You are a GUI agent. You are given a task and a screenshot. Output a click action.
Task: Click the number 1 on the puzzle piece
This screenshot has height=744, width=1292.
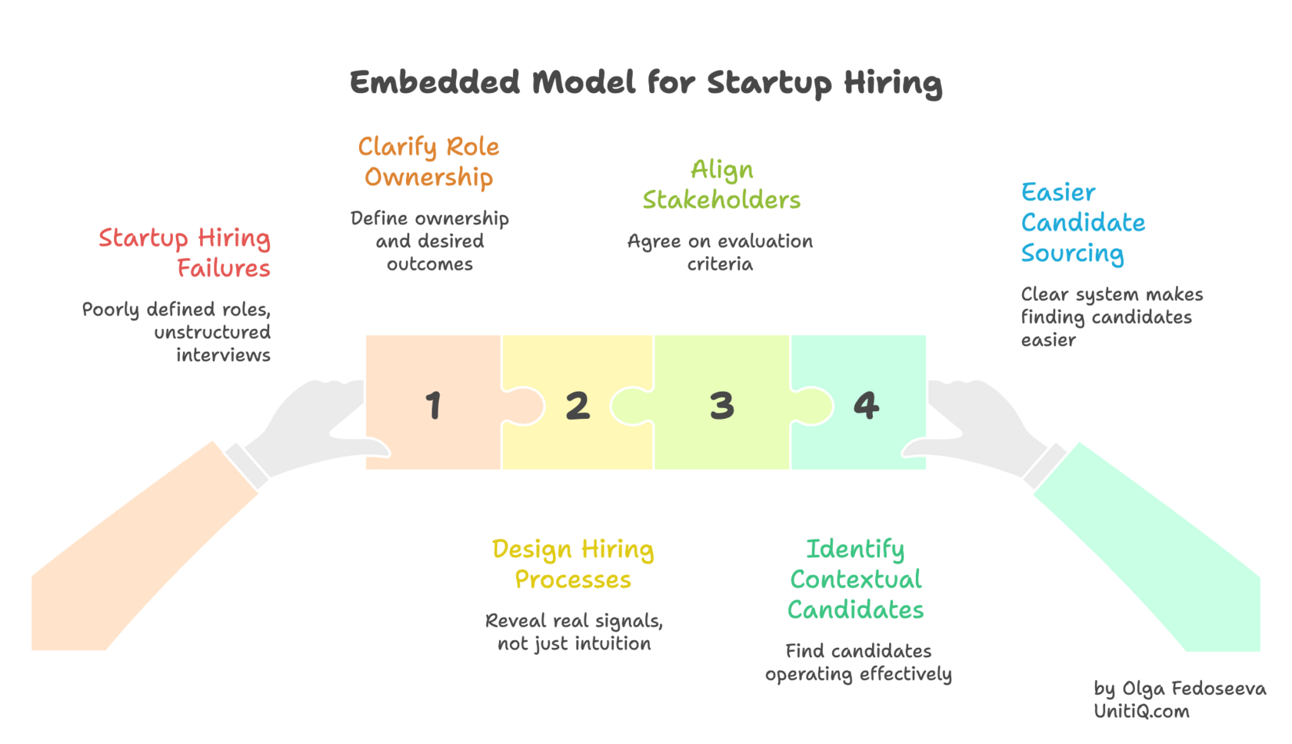(434, 405)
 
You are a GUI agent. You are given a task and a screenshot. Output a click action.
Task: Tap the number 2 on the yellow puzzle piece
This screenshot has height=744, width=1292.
(578, 406)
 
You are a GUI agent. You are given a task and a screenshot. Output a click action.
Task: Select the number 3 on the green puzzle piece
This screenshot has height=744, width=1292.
(721, 406)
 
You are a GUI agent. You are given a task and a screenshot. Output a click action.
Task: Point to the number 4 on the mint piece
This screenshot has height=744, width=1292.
(866, 405)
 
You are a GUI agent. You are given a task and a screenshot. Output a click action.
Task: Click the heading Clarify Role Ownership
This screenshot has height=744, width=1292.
(428, 161)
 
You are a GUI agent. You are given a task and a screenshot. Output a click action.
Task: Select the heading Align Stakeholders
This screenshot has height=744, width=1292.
(721, 184)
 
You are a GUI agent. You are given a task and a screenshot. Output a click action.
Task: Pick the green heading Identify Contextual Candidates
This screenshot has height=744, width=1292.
(856, 580)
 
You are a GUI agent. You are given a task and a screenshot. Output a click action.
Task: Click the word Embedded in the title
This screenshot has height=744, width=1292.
(435, 82)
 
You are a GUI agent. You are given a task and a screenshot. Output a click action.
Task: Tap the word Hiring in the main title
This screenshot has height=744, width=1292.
(893, 82)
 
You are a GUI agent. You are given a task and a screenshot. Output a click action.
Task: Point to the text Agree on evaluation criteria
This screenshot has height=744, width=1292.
(720, 252)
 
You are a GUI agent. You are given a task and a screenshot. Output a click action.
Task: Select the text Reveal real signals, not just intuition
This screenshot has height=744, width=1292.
(574, 632)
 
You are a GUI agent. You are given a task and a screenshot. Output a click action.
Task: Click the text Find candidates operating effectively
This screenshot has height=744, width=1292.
(858, 663)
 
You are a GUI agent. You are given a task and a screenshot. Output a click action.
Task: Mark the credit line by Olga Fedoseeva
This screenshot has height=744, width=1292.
(1180, 688)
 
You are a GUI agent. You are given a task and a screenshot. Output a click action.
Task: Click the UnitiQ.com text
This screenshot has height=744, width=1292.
(1141, 712)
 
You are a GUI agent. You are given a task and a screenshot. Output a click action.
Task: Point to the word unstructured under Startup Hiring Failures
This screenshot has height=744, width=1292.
(212, 332)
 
